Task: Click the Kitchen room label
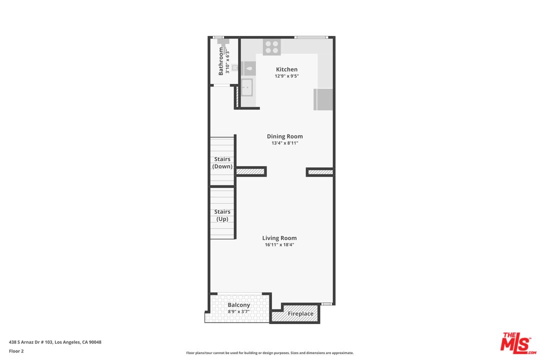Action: [x=286, y=69]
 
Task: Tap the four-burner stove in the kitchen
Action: [x=272, y=47]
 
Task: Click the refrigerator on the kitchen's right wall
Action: [x=323, y=99]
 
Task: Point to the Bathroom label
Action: [x=221, y=61]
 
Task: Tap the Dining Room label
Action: [x=284, y=136]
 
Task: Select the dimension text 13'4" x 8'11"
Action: [x=284, y=143]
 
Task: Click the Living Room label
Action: [x=279, y=238]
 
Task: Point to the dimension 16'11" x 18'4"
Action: [x=279, y=245]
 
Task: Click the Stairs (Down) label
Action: [x=222, y=162]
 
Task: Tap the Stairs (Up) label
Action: [x=222, y=215]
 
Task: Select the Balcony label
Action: [x=238, y=305]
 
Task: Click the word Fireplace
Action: [x=300, y=314]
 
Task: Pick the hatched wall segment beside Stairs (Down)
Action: [x=250, y=171]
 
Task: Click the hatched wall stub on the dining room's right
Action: [x=320, y=172]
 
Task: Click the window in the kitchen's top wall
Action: [x=310, y=37]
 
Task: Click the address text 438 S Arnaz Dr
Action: [x=55, y=342]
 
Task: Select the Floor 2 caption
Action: [x=16, y=351]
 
